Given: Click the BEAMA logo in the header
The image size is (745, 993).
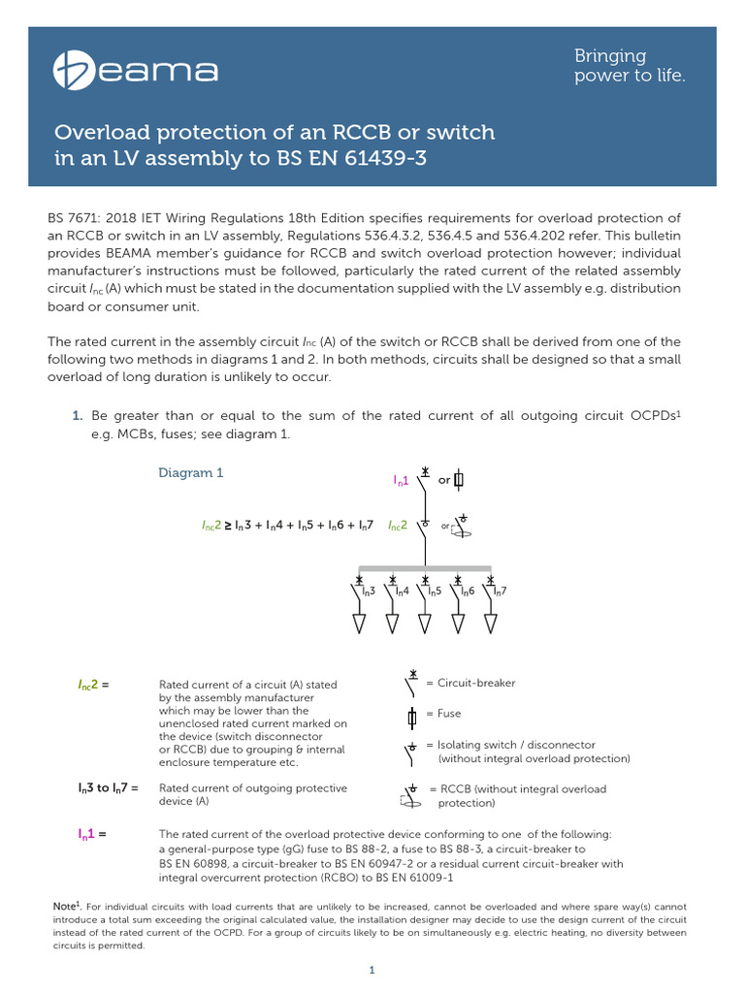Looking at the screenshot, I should (x=136, y=70).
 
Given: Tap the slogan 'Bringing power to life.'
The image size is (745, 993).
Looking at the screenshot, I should (x=630, y=66).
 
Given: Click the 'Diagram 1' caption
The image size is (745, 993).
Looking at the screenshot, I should (x=191, y=473).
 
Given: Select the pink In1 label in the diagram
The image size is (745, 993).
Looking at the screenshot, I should (x=401, y=480).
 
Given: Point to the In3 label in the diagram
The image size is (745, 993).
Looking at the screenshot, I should (x=368, y=591).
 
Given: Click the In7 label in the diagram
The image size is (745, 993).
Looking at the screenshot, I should (x=501, y=591).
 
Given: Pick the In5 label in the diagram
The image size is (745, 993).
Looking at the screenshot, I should (x=434, y=591).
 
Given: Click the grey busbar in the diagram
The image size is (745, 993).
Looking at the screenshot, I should (x=425, y=568).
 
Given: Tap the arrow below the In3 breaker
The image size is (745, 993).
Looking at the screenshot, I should (x=359, y=623).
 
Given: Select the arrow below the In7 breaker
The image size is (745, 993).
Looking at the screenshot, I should (x=491, y=623).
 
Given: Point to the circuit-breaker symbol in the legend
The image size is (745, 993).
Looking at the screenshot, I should (x=411, y=684).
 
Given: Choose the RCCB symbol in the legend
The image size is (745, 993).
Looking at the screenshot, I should (x=411, y=795).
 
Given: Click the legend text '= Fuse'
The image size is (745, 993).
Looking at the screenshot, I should (x=443, y=714).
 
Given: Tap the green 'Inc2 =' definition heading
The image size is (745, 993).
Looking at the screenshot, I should (x=93, y=685).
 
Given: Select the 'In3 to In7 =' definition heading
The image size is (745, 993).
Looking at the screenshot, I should (x=109, y=788).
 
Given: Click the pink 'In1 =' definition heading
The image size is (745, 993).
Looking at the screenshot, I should (x=91, y=834).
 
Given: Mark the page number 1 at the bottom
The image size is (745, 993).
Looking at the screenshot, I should (x=372, y=970).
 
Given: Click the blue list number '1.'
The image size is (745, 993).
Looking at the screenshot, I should (x=78, y=415).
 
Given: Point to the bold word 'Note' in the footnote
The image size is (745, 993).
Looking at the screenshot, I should (x=65, y=906).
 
